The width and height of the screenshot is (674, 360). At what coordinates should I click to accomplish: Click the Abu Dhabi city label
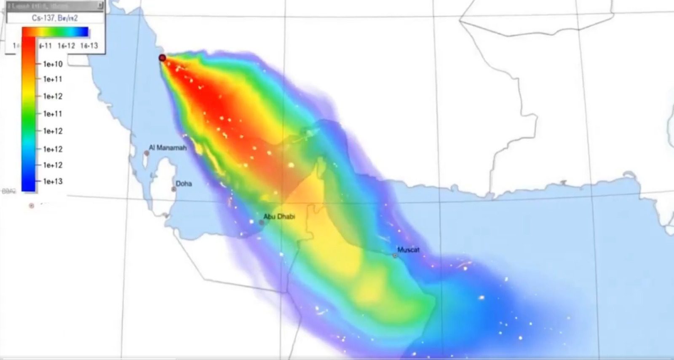click(279, 217)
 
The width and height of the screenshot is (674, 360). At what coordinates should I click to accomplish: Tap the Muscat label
click(408, 250)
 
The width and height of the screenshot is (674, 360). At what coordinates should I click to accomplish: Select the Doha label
click(184, 184)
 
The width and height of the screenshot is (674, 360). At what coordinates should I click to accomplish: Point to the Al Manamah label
click(167, 148)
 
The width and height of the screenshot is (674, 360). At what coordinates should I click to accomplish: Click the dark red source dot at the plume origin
click(162, 58)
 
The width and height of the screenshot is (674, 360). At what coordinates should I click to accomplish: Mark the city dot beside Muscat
click(395, 255)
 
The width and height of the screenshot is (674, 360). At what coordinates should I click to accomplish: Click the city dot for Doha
click(174, 189)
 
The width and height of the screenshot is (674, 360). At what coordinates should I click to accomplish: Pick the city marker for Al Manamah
click(147, 153)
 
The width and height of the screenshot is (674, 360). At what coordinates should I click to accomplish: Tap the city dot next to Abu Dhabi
click(261, 223)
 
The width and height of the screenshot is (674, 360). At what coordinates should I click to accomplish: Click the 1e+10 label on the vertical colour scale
click(53, 64)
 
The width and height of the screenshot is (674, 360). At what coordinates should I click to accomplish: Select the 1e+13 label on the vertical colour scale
click(53, 181)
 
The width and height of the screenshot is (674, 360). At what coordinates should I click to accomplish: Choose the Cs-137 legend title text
click(55, 18)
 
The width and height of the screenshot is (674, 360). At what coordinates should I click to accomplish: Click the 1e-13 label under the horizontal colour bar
click(89, 46)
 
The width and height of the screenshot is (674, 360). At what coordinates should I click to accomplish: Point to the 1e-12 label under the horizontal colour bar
click(66, 46)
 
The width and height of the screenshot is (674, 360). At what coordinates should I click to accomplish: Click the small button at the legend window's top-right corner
click(100, 5)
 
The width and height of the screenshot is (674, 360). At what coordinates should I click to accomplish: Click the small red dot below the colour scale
click(31, 206)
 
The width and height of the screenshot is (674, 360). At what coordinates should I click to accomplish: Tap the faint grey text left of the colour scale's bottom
click(8, 191)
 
